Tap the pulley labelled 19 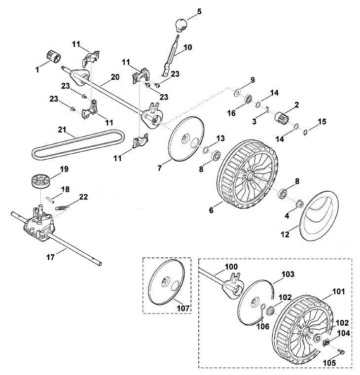(x=40, y=181)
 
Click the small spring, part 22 (x=62, y=207)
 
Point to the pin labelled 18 (x=51, y=199)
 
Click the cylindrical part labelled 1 (x=53, y=56)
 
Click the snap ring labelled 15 (x=306, y=132)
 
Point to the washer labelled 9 (x=237, y=92)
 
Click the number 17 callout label (x=51, y=257)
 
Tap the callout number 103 (x=288, y=274)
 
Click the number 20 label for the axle (x=115, y=77)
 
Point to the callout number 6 (x=211, y=210)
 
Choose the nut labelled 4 (x=299, y=204)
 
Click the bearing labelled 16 (x=249, y=99)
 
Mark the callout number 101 (x=339, y=292)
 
